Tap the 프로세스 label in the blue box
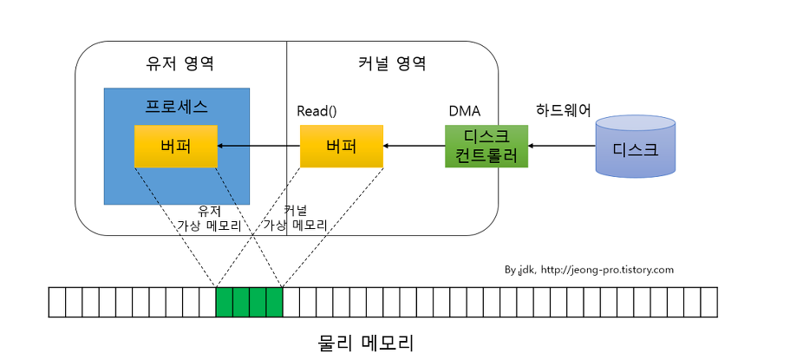176,107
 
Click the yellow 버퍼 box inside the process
175,146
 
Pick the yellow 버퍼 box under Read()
341,146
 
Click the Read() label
317,111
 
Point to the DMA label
464,111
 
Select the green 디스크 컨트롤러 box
486,146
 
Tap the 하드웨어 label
564,110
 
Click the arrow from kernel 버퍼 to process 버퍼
258,146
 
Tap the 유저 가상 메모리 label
209,218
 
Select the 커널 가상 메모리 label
295,218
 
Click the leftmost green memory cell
224,302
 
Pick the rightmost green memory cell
274,302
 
